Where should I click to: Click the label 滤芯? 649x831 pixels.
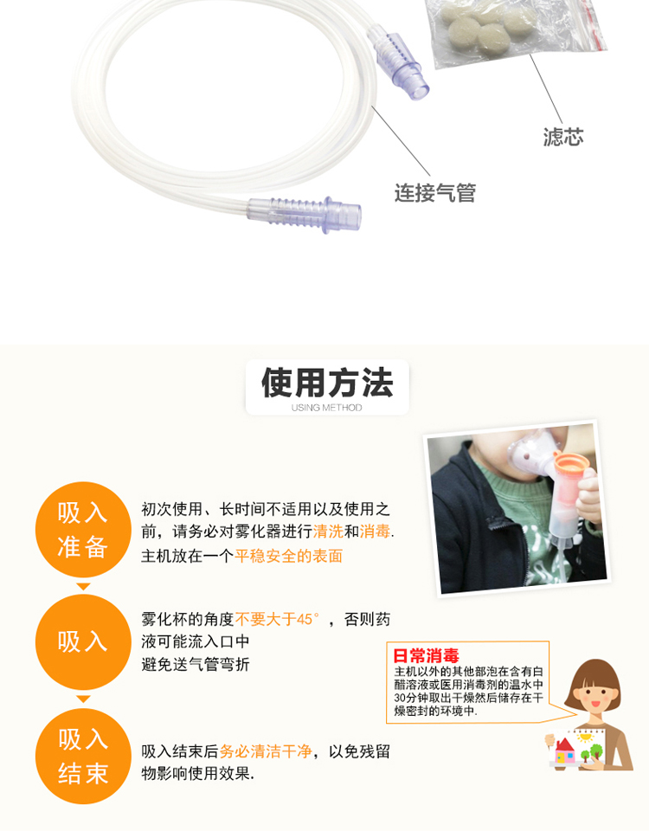562,137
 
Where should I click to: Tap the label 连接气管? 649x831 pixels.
434,192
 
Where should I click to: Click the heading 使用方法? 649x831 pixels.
327,383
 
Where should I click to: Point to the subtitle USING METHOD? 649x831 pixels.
326,408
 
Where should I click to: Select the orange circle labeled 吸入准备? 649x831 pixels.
83,530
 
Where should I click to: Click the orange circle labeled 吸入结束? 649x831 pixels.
83,757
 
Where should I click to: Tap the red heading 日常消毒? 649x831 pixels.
426,656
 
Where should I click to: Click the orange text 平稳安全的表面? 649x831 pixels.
289,556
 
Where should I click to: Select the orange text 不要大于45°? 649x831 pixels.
277,619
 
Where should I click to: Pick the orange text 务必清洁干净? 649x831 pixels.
266,751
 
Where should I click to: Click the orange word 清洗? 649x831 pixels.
328,531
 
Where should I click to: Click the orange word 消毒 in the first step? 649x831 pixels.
375,531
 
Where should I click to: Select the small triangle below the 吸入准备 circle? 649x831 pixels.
83,586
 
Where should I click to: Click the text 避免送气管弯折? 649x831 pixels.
196,664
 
